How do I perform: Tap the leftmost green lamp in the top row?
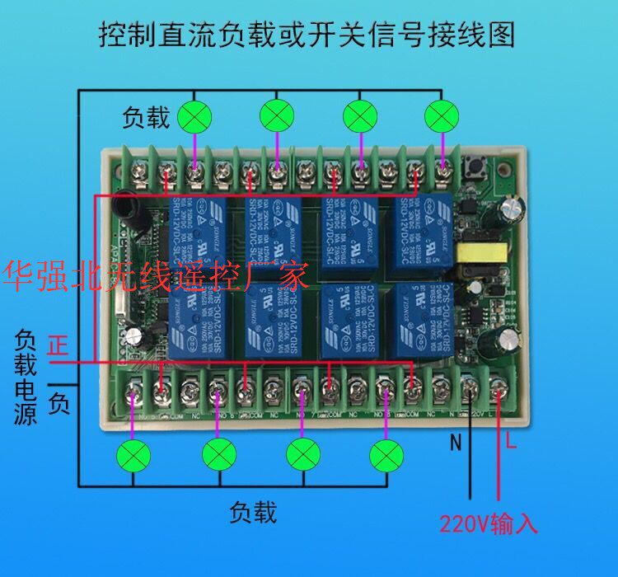click(194, 116)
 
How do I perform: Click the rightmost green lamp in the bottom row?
click(383, 453)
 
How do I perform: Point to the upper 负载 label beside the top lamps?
click(146, 118)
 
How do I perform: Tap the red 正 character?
click(58, 345)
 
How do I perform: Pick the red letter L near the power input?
click(511, 444)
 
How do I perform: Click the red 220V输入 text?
click(488, 523)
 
